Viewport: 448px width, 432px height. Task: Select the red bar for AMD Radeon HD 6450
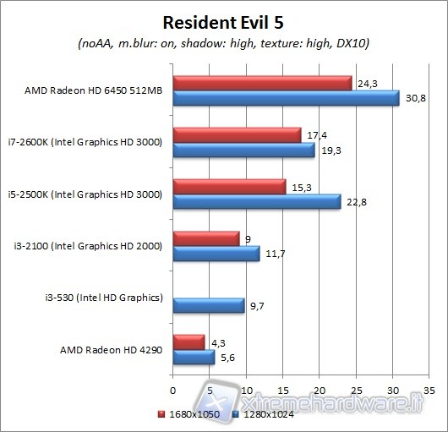(262, 83)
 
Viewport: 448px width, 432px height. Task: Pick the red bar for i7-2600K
(237, 135)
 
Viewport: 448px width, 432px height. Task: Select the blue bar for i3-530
(208, 305)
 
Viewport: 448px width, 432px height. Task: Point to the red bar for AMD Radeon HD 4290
(188, 342)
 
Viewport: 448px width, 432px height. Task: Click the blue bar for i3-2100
(216, 254)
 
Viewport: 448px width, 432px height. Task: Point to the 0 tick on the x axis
(172, 390)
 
